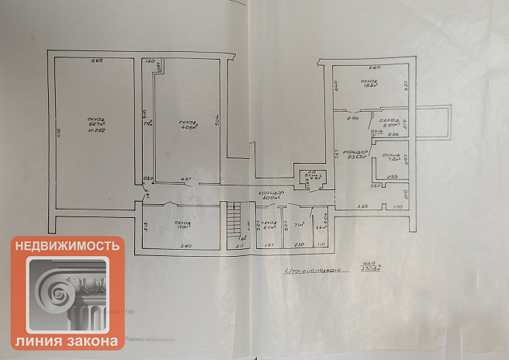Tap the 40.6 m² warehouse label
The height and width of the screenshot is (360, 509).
point(187,126)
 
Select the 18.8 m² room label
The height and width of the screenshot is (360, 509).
point(369,83)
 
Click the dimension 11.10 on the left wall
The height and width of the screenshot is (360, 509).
point(57,136)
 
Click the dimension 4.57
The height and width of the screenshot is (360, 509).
point(185,180)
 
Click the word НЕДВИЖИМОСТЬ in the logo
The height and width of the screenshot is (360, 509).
point(68,246)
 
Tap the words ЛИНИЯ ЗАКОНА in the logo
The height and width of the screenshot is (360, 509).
point(68,341)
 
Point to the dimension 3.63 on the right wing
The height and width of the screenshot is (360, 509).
point(361,206)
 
